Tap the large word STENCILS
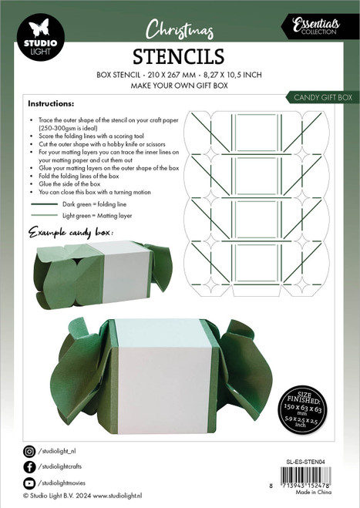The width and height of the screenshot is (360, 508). (179, 56)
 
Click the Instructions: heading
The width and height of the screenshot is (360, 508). (51, 103)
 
